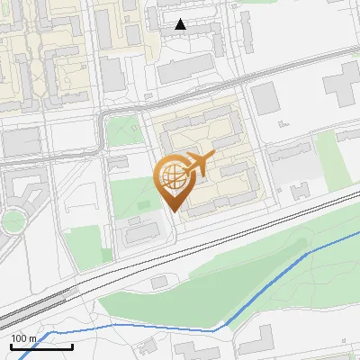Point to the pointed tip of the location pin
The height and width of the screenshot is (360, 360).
point(173,211)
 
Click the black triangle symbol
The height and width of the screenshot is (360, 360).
point(181,24)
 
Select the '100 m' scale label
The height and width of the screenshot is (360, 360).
point(23,337)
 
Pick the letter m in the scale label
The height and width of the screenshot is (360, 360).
point(32,337)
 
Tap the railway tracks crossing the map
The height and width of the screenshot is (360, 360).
point(225,230)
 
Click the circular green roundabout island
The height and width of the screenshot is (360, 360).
point(12,220)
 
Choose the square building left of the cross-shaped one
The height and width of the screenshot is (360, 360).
point(265,98)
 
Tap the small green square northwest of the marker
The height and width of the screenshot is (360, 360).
point(122,130)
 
